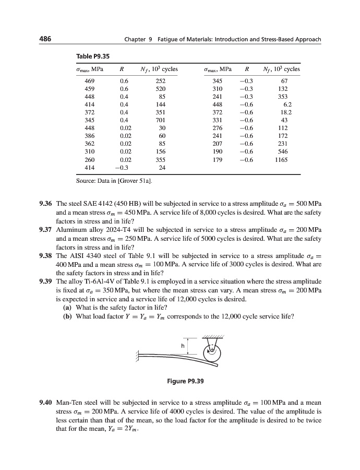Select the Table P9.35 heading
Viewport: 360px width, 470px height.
click(x=93, y=56)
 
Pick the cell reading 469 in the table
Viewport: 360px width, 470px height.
click(x=90, y=81)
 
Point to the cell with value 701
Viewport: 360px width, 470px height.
click(x=160, y=120)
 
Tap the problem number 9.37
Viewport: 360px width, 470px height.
click(x=46, y=230)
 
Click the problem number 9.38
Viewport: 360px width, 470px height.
click(x=46, y=256)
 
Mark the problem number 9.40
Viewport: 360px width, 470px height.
click(x=46, y=403)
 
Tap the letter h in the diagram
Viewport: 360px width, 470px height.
click(x=183, y=345)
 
